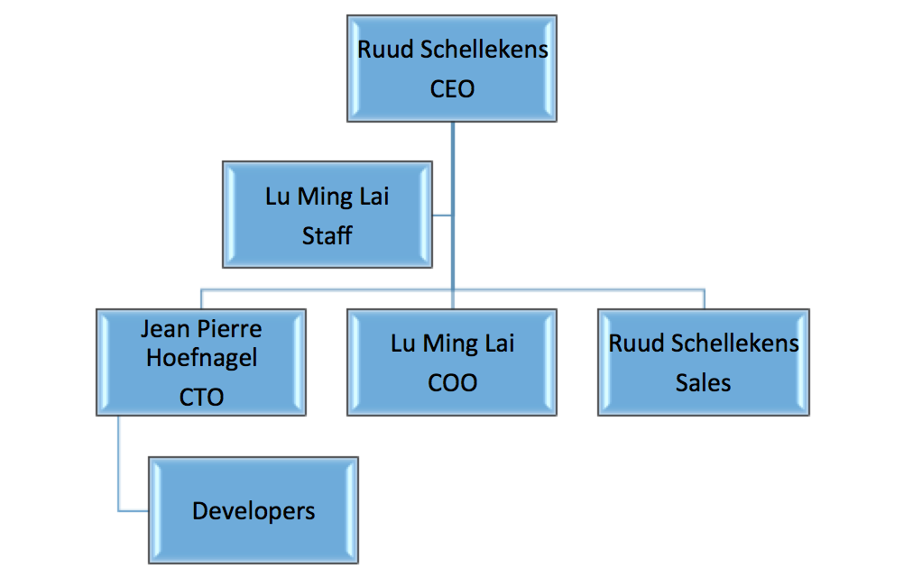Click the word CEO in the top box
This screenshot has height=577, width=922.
(x=452, y=89)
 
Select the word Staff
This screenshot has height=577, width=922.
(x=327, y=236)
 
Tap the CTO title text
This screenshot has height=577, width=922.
(x=201, y=397)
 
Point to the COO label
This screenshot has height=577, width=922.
(x=452, y=383)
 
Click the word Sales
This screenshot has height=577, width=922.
(x=703, y=383)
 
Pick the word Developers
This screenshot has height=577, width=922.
(x=254, y=512)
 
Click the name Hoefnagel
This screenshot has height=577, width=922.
(x=201, y=358)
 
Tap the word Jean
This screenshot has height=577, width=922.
(x=163, y=329)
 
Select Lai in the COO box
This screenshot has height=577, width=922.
(x=499, y=343)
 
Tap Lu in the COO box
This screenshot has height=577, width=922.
(x=402, y=343)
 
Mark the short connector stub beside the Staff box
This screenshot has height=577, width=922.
(x=442, y=215)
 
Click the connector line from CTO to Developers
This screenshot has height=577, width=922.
(x=119, y=469)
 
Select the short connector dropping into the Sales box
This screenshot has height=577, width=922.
(x=704, y=299)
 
